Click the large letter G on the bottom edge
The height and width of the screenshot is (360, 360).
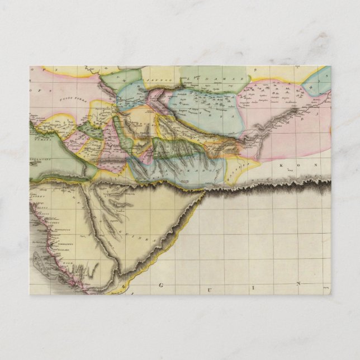161,285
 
